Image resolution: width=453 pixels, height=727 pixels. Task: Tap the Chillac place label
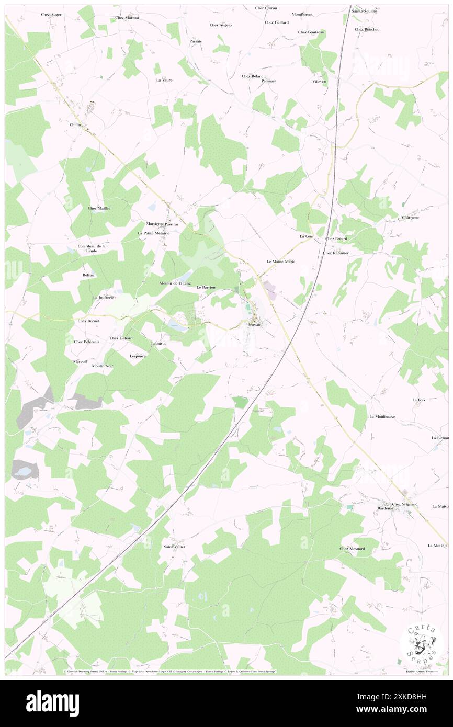[x=77, y=126]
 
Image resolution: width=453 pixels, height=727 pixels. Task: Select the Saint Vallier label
[x=174, y=547]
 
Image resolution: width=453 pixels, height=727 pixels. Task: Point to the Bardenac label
[x=385, y=508]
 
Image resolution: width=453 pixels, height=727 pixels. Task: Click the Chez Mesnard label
[x=352, y=549]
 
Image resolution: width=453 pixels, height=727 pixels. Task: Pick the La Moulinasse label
[x=382, y=417]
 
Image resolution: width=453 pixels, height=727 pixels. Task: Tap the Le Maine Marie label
[x=281, y=261]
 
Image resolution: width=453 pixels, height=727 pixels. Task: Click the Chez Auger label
[x=51, y=14]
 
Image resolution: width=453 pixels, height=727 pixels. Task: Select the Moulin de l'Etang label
[x=175, y=283]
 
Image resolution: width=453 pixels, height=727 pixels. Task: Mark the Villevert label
[x=320, y=82]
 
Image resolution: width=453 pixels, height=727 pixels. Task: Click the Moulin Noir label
[x=103, y=366]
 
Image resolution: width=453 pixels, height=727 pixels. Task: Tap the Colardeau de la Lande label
[x=92, y=248]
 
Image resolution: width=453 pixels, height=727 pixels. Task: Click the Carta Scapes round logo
[x=422, y=645]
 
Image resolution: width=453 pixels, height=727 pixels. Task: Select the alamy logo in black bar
[x=52, y=703]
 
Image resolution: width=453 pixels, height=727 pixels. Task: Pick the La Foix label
[x=418, y=400]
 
